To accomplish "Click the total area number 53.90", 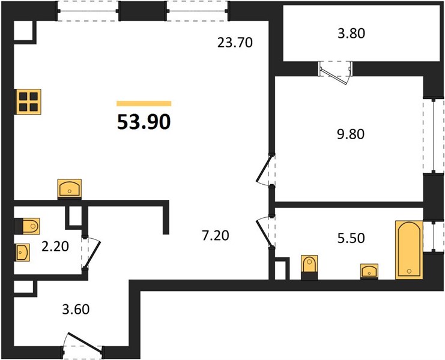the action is (x=144, y=122).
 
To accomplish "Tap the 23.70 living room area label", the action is (x=235, y=43).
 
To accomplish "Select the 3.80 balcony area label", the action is (x=351, y=34).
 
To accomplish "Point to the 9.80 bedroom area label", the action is (x=351, y=134).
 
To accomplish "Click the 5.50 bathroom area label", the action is (x=351, y=238).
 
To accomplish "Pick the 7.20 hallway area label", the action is (x=216, y=236).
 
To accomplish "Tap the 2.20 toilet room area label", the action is (x=55, y=247).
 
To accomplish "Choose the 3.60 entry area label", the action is (x=76, y=309).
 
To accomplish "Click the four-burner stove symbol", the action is (x=29, y=102).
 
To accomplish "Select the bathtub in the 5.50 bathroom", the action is (x=409, y=250).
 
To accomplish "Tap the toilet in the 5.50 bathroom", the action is (x=309, y=268).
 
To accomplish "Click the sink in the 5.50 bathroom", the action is (x=369, y=271).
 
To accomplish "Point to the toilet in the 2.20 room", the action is (x=27, y=226).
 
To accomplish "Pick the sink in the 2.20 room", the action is (x=23, y=252).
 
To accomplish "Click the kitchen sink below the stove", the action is (x=70, y=189).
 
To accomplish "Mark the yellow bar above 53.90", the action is (x=144, y=103).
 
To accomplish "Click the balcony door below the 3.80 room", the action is (x=335, y=73).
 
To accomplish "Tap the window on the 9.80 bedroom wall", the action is (x=434, y=136).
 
